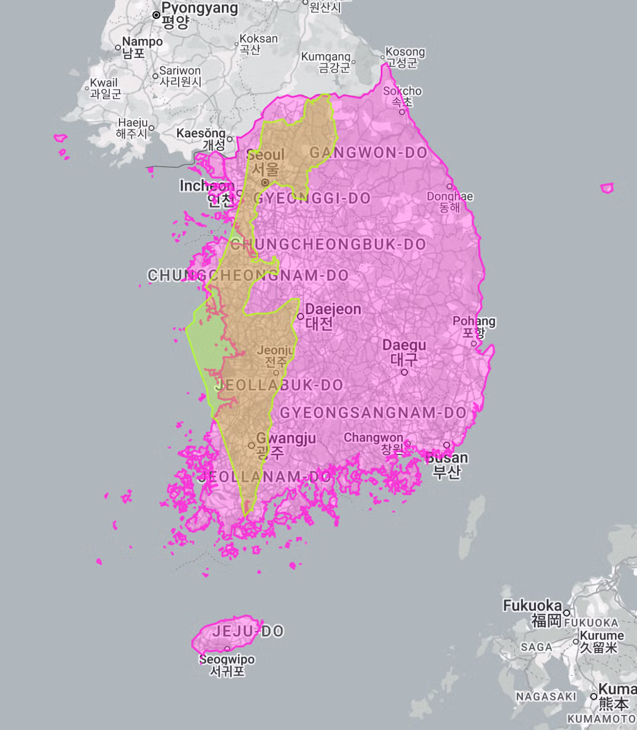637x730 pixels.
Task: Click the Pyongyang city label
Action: pos(200,8)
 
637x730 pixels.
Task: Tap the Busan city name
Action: pos(447,458)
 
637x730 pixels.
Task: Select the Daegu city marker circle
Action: pos(404,372)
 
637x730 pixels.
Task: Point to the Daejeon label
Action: pos(333,310)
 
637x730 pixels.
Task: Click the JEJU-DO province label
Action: pos(248,631)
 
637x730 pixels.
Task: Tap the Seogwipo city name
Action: pos(227,659)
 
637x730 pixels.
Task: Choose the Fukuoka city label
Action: pos(532,606)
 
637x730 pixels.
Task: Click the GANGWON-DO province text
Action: pos(368,153)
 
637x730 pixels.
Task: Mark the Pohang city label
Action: pos(474,321)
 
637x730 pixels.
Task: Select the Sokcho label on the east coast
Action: pos(402,91)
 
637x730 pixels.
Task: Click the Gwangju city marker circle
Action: pos(252,445)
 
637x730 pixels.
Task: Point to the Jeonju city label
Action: pos(275,350)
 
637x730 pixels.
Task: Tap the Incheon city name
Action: pos(206,186)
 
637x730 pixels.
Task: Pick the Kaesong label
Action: pos(201,133)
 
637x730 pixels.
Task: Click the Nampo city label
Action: pos(142,41)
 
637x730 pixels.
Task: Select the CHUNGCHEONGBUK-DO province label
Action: pos(328,245)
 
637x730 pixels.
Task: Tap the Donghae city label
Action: pos(450,196)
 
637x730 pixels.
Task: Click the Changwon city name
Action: pos(373,437)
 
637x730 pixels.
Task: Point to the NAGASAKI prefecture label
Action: pos(546,697)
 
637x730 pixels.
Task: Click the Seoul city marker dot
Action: pos(265,183)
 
